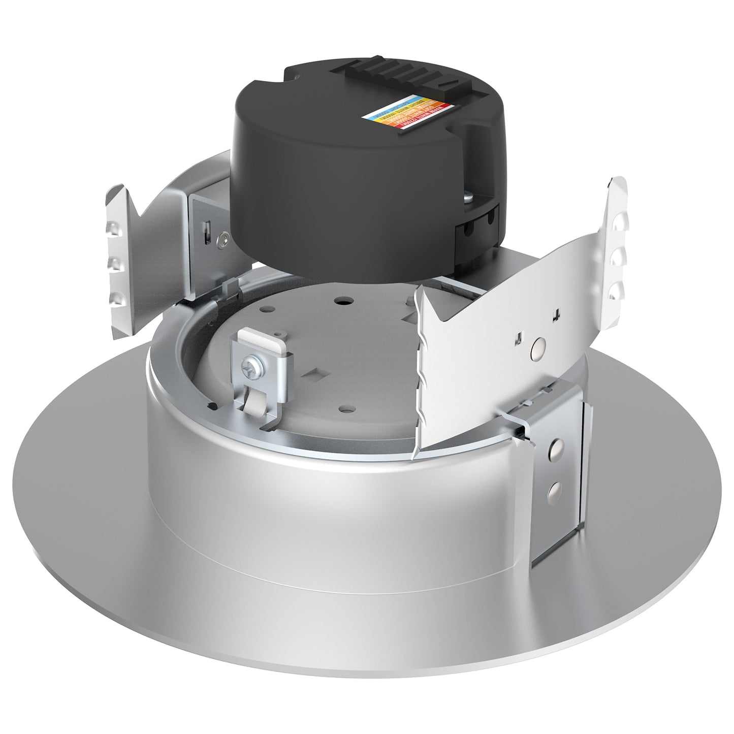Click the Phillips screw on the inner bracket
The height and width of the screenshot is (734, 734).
[251, 366]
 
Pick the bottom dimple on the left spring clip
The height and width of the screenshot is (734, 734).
[117, 298]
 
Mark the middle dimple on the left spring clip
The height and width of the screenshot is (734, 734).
[115, 264]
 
